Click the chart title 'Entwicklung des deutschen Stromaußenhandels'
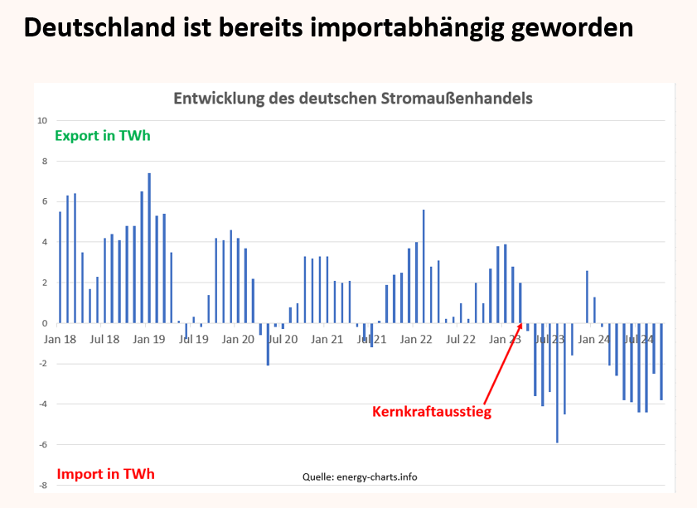pos(352,98)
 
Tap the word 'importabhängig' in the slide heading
pos(401,27)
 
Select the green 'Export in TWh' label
pos(103,135)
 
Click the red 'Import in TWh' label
pos(105,474)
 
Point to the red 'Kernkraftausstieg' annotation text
pos(432,411)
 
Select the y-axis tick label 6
pos(45,201)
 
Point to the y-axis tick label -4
pos(42,404)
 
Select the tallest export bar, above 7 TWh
pos(149,249)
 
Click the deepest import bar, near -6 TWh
pos(557,383)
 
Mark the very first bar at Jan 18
pos(60,267)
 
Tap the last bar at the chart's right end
pos(661,361)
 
